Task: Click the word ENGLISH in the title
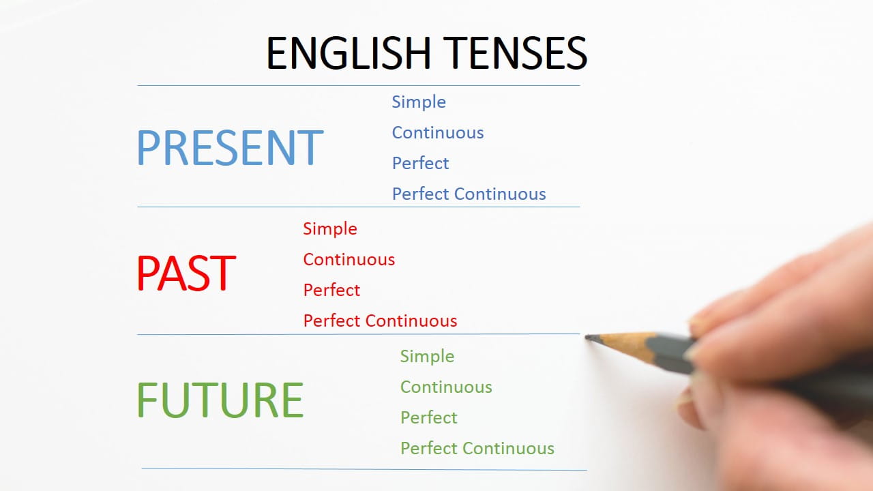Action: click(x=347, y=53)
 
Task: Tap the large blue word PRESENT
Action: click(x=230, y=148)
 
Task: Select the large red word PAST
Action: click(x=186, y=273)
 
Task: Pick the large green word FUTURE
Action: click(x=220, y=400)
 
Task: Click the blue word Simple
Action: click(x=419, y=102)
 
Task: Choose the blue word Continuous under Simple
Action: click(x=438, y=133)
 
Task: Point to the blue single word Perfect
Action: click(x=420, y=164)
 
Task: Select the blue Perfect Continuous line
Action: click(x=469, y=194)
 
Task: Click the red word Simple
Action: click(x=330, y=229)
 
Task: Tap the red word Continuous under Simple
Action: click(x=349, y=260)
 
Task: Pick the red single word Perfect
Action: click(x=331, y=291)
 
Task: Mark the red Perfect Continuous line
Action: click(x=380, y=321)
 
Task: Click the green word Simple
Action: click(x=427, y=357)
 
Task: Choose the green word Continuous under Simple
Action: click(x=446, y=387)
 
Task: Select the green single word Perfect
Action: click(x=428, y=418)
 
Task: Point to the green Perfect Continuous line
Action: click(x=477, y=449)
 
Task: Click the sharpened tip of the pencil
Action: click(x=589, y=337)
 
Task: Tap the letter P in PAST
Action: click(x=147, y=273)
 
